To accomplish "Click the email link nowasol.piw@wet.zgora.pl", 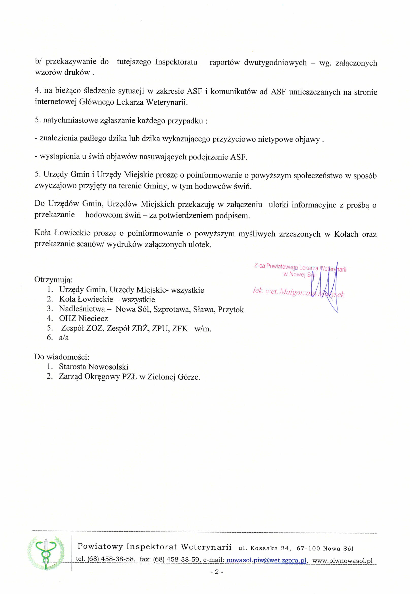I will click(x=266, y=560).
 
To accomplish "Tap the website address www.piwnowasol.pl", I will click(x=342, y=561).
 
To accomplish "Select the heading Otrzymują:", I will click(x=53, y=280).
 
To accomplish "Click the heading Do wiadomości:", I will click(x=61, y=357).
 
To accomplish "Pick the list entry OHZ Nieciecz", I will click(x=83, y=318).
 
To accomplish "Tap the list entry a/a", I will click(x=64, y=338).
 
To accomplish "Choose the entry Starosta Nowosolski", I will click(x=93, y=367).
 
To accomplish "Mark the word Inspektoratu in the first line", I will click(x=176, y=62).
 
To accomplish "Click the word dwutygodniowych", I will click(x=275, y=63).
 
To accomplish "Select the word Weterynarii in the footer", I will click(x=206, y=547).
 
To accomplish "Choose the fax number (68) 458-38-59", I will click(x=176, y=560).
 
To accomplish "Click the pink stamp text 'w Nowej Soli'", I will click(x=300, y=274).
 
